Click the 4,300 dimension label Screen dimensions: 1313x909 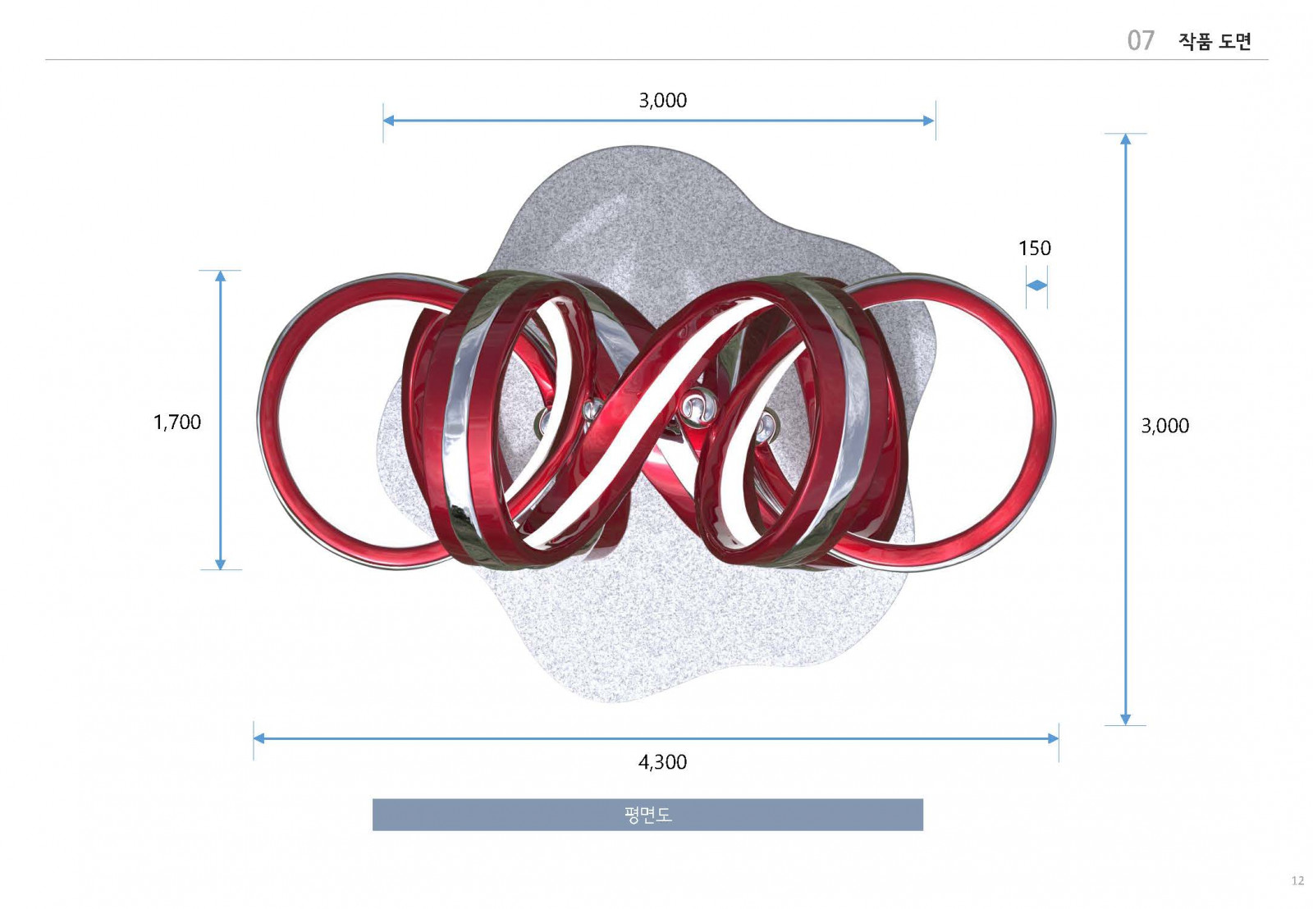click(x=662, y=762)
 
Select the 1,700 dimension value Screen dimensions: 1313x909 click(x=177, y=422)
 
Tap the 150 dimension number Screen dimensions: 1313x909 click(x=1035, y=249)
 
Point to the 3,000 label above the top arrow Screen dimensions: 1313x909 click(x=662, y=100)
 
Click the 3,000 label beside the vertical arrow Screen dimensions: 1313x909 click(x=1164, y=426)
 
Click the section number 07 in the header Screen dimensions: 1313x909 click(x=1141, y=40)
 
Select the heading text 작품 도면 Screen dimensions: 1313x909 click(x=1215, y=41)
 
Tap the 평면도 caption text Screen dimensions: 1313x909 click(x=647, y=815)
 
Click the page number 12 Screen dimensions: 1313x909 click(x=1297, y=880)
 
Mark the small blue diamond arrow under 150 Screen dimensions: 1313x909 click(x=1036, y=285)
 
